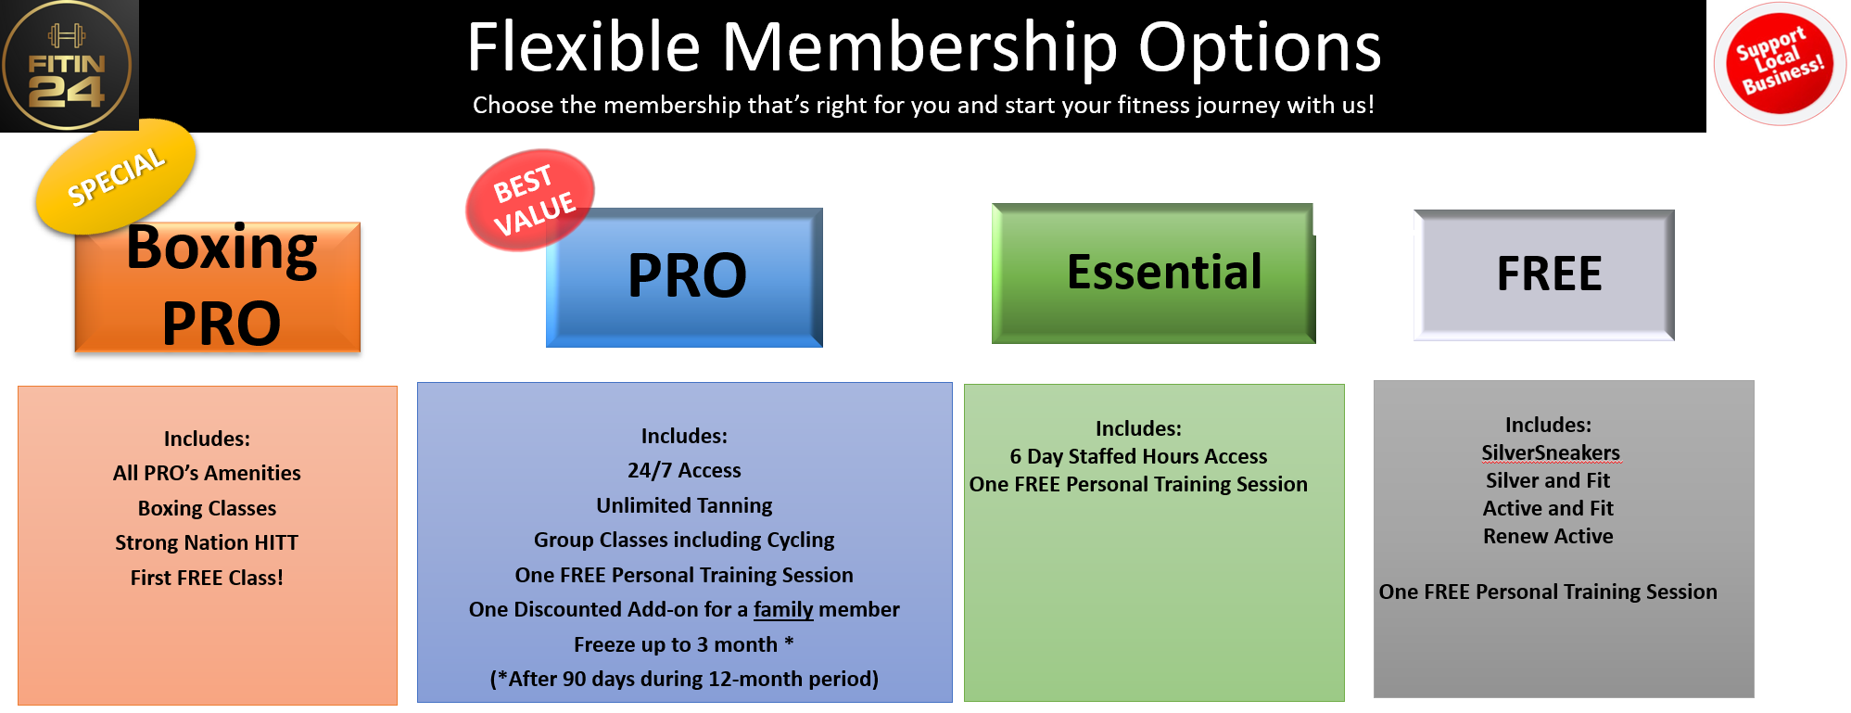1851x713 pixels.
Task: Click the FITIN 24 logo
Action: click(x=68, y=65)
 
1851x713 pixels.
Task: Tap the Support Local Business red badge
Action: click(x=1780, y=63)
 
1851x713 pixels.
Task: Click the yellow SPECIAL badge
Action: click(x=116, y=176)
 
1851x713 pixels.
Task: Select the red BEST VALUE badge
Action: click(x=530, y=200)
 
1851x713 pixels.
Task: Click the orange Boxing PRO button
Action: click(x=218, y=287)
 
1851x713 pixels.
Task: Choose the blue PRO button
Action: click(x=684, y=277)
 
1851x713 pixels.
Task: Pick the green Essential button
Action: click(x=1154, y=274)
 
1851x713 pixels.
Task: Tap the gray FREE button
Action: click(x=1544, y=274)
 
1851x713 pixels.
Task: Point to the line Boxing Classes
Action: click(x=207, y=508)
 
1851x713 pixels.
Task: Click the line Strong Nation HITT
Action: click(x=207, y=542)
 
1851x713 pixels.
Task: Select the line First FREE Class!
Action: click(x=207, y=578)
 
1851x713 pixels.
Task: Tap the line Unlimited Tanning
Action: click(x=684, y=505)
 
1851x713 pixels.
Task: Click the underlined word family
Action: click(x=783, y=610)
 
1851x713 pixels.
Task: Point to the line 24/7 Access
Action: click(x=684, y=470)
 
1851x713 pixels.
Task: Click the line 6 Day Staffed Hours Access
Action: click(x=1138, y=456)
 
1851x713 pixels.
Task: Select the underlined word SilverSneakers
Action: click(x=1551, y=452)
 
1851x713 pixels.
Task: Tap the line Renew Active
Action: click(x=1548, y=536)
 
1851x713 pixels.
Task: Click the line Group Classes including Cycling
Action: click(x=684, y=540)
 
